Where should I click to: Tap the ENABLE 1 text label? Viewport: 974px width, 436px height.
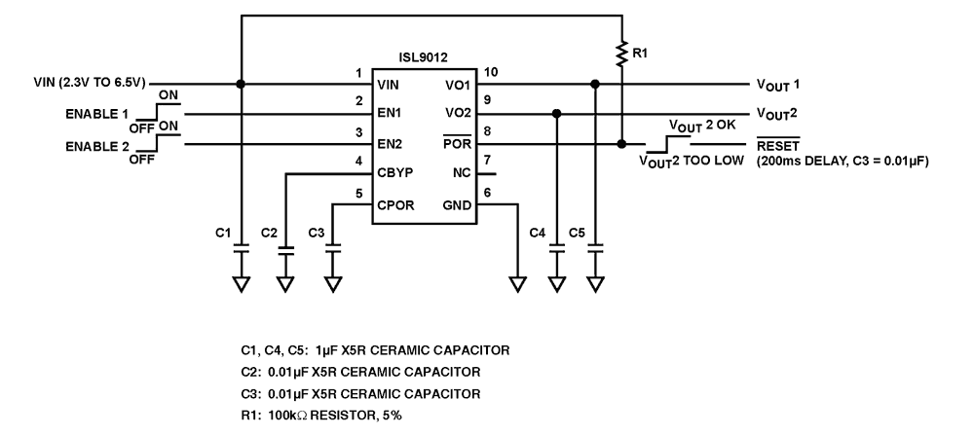point(96,114)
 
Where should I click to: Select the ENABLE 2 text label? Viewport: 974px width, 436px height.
point(96,145)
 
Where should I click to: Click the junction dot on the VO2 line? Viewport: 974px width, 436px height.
point(556,114)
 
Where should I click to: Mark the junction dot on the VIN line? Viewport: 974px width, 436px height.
point(241,84)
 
